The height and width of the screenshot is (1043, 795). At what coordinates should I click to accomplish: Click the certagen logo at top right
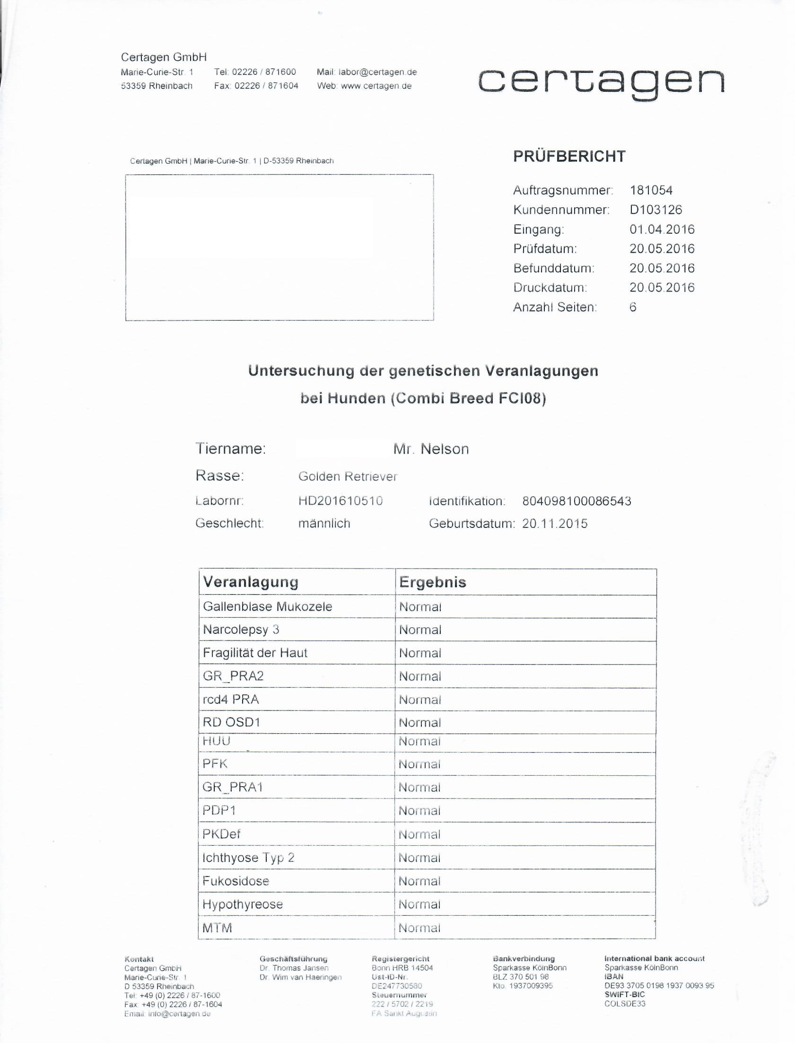[601, 83]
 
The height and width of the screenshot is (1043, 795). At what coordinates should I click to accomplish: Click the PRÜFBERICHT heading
[569, 157]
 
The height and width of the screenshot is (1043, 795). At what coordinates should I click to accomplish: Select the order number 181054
[651, 190]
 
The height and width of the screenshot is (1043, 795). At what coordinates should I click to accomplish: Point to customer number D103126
[656, 210]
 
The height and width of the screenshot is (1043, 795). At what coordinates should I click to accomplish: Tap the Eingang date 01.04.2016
[662, 229]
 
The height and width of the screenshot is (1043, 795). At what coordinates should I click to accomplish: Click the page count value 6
[633, 307]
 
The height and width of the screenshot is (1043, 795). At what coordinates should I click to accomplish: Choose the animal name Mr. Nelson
[431, 448]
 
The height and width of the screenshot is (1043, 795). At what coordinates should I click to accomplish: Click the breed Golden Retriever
[348, 476]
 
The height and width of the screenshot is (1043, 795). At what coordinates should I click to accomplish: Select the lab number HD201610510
[341, 500]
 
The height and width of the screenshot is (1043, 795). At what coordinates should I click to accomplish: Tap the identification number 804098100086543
[577, 501]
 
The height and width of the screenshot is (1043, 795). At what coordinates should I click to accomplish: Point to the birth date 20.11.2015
[555, 524]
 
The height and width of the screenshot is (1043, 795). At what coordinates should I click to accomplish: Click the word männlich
[324, 524]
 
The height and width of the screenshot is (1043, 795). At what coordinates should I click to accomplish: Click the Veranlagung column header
[251, 582]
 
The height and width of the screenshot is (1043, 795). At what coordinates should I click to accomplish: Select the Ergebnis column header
[433, 582]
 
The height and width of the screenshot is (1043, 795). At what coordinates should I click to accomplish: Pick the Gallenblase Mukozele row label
[267, 607]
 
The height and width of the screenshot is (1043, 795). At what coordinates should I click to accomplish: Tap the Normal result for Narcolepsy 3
[420, 630]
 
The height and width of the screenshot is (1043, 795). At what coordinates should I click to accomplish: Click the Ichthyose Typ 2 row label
[248, 858]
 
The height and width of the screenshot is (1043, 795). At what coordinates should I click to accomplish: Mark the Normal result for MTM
[419, 928]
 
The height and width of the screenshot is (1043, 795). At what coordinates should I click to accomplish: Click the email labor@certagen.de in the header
[377, 72]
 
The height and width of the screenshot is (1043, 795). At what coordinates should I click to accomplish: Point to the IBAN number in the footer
[659, 986]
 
